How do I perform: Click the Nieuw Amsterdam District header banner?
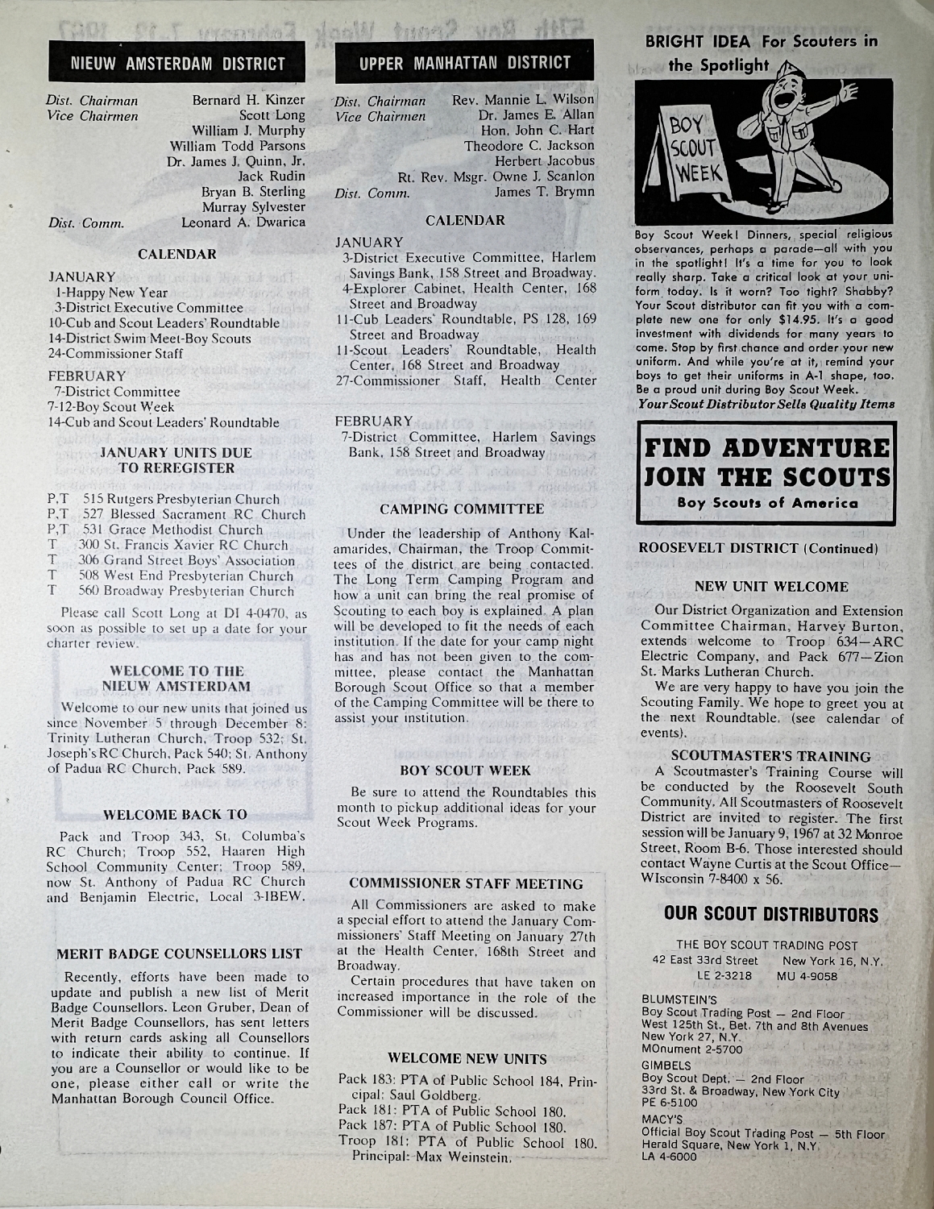coord(178,63)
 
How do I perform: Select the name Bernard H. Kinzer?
coord(248,101)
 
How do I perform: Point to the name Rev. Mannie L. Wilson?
coord(524,100)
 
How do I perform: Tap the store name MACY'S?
coord(661,1120)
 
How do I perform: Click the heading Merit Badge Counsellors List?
coord(178,954)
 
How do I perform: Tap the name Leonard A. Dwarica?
coord(243,222)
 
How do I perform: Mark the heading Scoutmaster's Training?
coord(770,756)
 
